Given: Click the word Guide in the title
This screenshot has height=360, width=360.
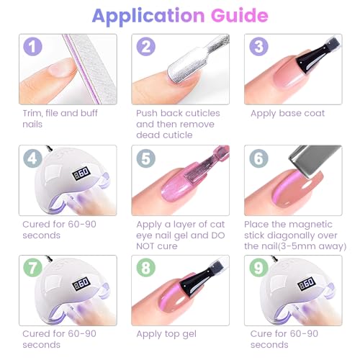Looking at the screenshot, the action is [x=239, y=15].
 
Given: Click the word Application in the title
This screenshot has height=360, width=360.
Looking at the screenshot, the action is [x=148, y=17].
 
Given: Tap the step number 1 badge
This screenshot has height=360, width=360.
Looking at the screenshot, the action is [x=32, y=46].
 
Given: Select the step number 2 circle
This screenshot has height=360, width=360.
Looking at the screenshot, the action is [x=146, y=46].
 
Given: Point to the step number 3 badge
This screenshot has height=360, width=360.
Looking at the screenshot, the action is [x=258, y=46].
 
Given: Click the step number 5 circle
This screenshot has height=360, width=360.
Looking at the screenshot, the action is [x=146, y=158].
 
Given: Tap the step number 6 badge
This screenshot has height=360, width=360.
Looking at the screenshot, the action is [x=258, y=158].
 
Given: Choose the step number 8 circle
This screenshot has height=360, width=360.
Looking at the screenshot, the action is [x=146, y=268].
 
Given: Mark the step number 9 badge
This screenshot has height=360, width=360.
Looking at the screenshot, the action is [x=258, y=268].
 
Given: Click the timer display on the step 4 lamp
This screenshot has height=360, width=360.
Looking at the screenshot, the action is [x=81, y=172].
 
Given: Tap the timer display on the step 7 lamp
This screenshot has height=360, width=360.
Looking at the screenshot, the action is [x=81, y=283].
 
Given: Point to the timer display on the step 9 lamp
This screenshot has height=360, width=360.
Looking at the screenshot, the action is [x=307, y=283].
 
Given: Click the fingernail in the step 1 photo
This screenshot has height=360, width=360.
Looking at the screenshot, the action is [x=62, y=68].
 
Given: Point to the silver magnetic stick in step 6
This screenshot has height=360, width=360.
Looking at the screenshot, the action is [x=315, y=160].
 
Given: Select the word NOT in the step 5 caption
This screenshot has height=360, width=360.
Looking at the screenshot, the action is [x=145, y=246].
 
